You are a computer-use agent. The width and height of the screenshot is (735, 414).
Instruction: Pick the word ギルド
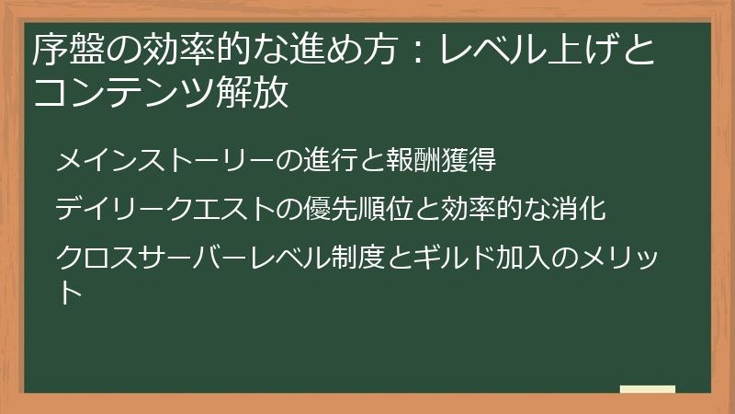click(458, 255)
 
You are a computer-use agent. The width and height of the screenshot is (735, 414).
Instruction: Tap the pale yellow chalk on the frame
click(647, 390)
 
